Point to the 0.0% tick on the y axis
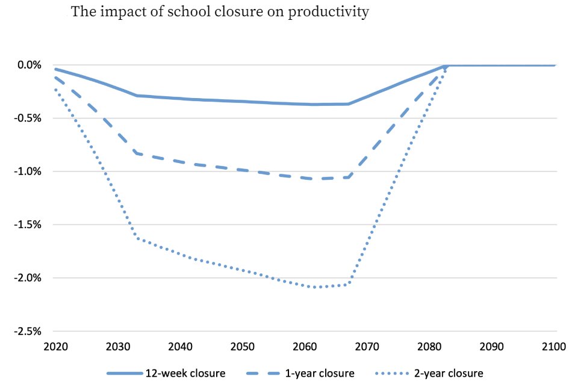pos(28,65)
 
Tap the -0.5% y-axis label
pos(27,118)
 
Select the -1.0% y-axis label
pos(27,171)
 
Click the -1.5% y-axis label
pos(27,225)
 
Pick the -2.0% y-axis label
pos(27,278)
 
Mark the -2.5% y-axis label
pos(27,331)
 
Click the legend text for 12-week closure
pos(185,374)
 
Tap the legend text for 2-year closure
pos(448,374)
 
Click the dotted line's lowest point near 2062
pos(316,287)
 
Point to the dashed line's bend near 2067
pos(348,177)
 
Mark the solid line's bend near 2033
pos(137,95)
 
